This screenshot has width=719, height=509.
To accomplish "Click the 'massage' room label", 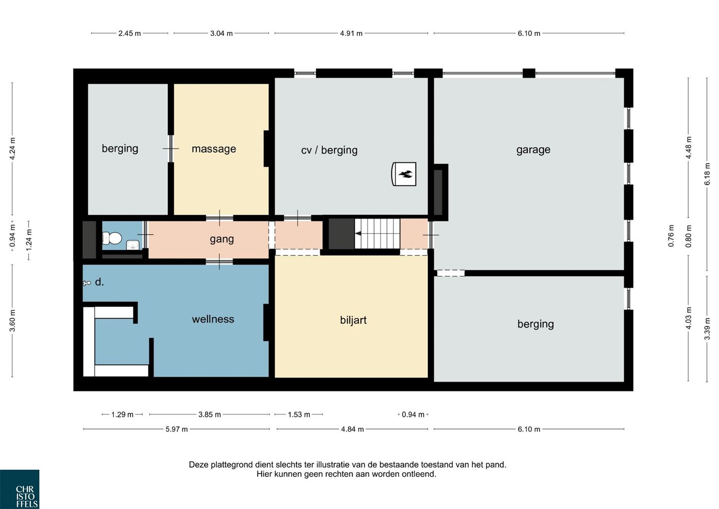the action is click(x=214, y=149).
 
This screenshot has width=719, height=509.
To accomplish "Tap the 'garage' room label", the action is click(x=533, y=150).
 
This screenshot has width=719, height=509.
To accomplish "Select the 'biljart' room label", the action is click(x=353, y=320).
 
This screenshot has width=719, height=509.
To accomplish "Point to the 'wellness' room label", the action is click(x=213, y=319).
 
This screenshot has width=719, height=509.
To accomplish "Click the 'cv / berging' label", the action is click(x=329, y=150).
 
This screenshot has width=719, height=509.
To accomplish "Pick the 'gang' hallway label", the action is click(x=222, y=239).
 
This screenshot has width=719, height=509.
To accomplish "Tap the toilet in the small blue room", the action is click(x=112, y=238).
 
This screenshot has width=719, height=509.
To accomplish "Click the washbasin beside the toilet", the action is click(x=133, y=245).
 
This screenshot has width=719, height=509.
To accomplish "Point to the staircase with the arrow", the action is click(x=377, y=234).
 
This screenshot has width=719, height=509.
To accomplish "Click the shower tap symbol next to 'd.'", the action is click(x=86, y=283).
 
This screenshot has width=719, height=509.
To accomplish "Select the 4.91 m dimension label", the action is click(x=351, y=33).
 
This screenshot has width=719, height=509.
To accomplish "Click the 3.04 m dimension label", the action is click(x=221, y=33).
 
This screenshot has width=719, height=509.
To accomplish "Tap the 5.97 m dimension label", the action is click(x=176, y=429).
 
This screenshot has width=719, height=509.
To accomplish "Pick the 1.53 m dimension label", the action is click(x=299, y=415).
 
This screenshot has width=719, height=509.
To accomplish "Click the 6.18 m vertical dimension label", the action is click(x=707, y=174).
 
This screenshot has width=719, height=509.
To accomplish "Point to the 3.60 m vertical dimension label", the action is click(x=12, y=321).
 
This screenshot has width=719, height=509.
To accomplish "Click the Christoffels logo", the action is click(x=19, y=490).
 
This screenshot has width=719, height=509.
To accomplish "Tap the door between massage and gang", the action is click(x=220, y=218).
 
